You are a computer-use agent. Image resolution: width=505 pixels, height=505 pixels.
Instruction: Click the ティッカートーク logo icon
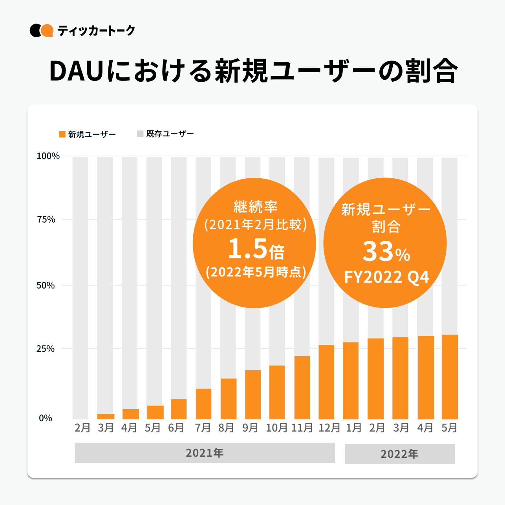click(41, 31)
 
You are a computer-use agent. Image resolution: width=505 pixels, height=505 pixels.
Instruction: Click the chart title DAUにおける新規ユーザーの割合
click(253, 71)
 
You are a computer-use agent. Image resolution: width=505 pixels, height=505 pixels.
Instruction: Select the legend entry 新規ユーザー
click(87, 134)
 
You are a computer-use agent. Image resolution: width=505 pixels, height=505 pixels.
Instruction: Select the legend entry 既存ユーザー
click(165, 134)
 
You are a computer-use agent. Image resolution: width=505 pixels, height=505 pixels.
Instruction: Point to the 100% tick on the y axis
click(48, 156)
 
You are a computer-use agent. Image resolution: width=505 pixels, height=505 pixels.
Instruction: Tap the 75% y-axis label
click(46, 220)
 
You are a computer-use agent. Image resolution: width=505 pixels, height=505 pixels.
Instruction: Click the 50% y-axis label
click(46, 285)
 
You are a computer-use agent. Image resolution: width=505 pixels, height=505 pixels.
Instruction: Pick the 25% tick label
click(46, 349)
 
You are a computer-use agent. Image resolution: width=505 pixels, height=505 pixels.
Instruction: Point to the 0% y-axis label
click(46, 418)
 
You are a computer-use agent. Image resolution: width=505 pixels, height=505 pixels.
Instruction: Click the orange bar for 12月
click(326, 382)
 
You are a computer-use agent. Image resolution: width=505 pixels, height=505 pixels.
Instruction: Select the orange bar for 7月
click(203, 404)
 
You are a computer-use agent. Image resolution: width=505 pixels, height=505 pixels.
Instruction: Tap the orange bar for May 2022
click(450, 377)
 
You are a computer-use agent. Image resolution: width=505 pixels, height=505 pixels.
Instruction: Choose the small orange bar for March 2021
click(106, 416)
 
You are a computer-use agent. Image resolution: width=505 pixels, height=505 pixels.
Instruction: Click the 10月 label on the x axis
click(277, 428)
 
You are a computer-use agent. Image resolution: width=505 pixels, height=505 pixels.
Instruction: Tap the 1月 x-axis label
click(353, 428)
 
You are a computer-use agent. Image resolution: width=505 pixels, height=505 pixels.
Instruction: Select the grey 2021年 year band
click(205, 453)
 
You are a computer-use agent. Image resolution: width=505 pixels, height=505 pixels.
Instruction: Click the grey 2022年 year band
click(399, 454)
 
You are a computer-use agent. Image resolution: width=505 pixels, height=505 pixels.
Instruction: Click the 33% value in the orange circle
click(386, 252)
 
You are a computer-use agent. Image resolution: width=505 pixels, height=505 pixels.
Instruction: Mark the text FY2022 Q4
click(386, 277)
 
